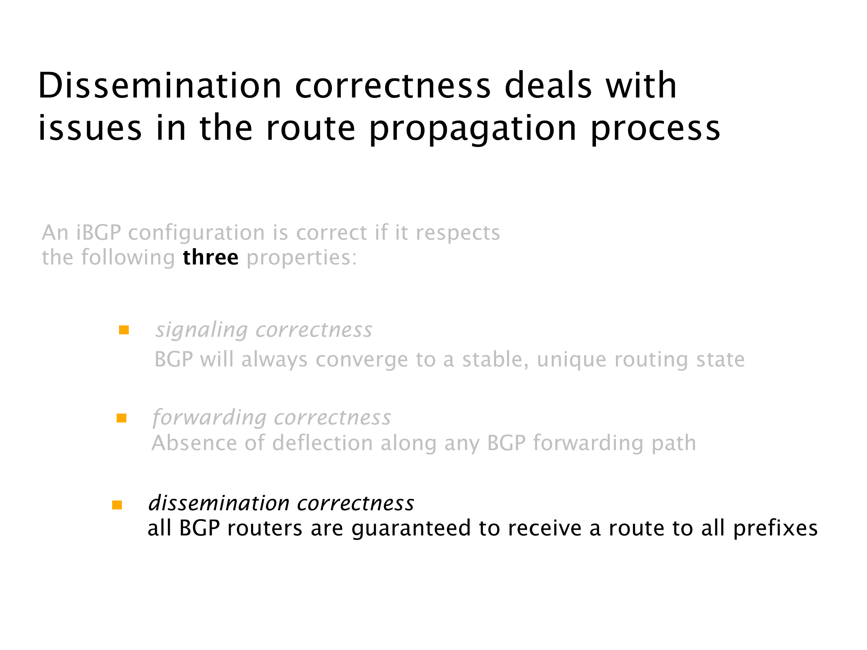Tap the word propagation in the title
coord(473,129)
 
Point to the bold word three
coord(210,258)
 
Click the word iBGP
coord(98,233)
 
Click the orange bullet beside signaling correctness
coord(124,330)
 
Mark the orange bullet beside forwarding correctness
coord(121,418)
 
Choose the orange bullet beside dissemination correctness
coord(117,505)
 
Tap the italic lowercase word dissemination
coord(219,503)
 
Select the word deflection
coord(323,443)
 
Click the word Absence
coord(194,443)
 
